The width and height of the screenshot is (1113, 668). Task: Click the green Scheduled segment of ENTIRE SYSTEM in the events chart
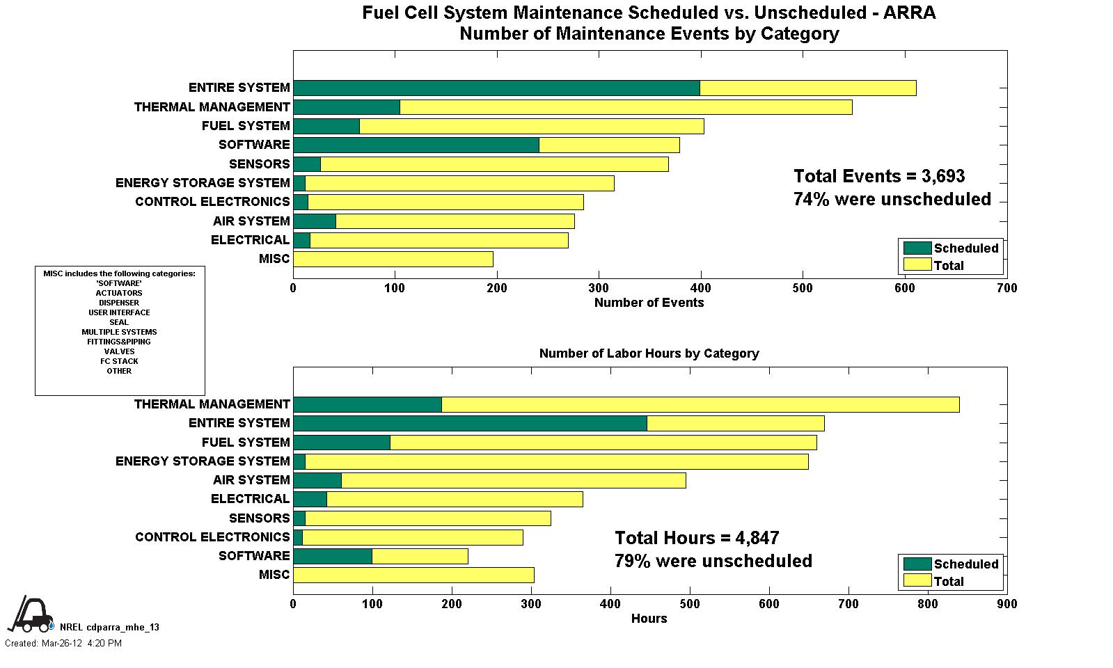click(x=496, y=88)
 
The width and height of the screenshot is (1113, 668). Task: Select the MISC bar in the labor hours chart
click(x=413, y=575)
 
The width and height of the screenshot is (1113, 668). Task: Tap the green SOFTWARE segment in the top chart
click(x=416, y=145)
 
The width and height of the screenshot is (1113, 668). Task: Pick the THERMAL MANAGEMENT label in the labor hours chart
click(x=212, y=404)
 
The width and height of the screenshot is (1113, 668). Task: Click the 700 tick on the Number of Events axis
click(x=1007, y=288)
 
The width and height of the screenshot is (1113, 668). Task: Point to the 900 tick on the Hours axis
click(x=1007, y=604)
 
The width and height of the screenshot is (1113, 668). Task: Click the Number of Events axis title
click(x=649, y=303)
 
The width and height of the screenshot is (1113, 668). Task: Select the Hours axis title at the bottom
click(x=649, y=619)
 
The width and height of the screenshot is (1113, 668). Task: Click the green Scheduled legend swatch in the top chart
click(x=917, y=248)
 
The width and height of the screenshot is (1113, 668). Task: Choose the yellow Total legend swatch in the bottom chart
click(x=917, y=581)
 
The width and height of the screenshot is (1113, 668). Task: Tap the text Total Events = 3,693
click(x=879, y=176)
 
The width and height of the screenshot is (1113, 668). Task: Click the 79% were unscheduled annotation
click(x=713, y=561)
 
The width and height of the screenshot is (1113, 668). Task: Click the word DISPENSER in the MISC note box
click(x=119, y=303)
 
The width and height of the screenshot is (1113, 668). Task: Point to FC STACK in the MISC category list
click(x=119, y=361)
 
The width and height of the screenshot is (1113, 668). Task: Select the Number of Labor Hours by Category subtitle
click(x=649, y=353)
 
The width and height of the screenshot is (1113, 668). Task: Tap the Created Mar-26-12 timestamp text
click(x=63, y=644)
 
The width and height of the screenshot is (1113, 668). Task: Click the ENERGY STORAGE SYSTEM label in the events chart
click(x=203, y=183)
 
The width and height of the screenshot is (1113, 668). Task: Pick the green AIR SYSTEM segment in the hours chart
click(x=317, y=480)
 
